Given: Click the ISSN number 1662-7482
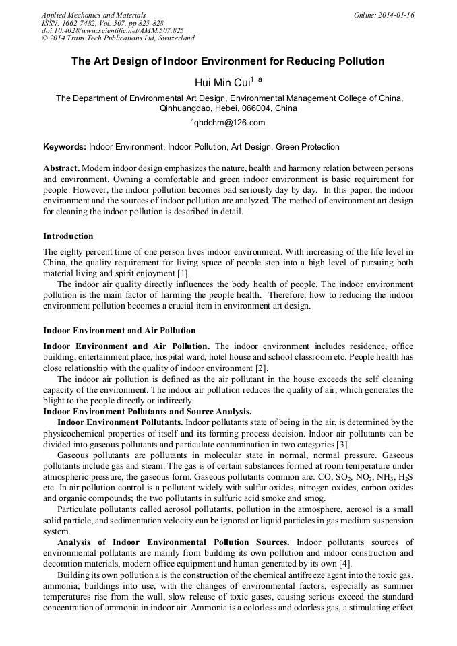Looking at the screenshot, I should [x=84, y=22].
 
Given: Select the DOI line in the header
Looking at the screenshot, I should [x=113, y=30].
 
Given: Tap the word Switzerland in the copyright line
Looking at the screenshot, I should [x=169, y=38].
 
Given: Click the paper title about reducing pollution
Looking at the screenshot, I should [x=228, y=61].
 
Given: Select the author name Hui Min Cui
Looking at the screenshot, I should [x=222, y=82].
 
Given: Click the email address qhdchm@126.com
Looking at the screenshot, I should [x=230, y=123].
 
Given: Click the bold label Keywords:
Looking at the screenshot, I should [x=65, y=146].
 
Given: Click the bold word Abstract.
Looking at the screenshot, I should [x=61, y=168].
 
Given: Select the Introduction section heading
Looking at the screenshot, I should [x=68, y=236].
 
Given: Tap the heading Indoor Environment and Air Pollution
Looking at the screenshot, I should [x=119, y=331].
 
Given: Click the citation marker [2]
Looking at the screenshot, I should [x=260, y=368].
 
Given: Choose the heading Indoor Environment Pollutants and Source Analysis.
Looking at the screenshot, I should [x=148, y=412].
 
